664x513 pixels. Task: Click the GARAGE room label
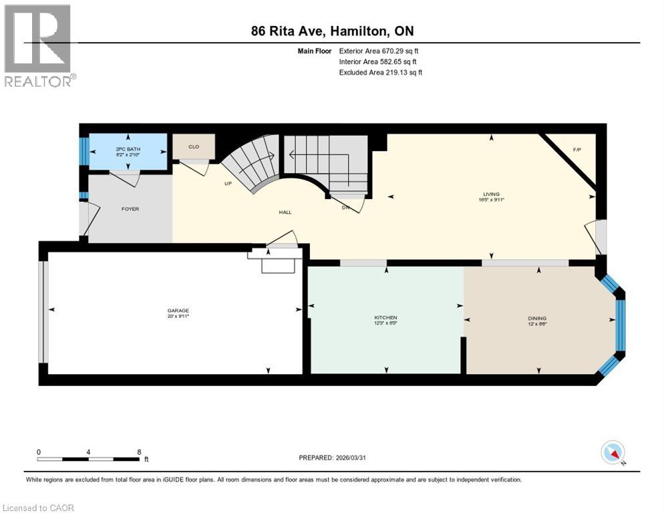(x=178, y=311)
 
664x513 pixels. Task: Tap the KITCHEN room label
(x=385, y=317)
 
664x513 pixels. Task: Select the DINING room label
(x=537, y=318)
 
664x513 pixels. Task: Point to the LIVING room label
(x=491, y=194)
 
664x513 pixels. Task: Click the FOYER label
(x=130, y=209)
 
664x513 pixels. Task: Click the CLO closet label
(x=194, y=146)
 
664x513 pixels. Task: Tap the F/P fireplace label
(x=577, y=149)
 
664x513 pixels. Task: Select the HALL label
(x=285, y=212)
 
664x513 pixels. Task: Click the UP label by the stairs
(x=228, y=184)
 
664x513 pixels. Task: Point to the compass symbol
(x=613, y=452)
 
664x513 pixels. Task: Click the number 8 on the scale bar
(x=138, y=452)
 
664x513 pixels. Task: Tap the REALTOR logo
(x=39, y=46)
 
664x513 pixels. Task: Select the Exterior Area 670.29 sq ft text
(x=379, y=50)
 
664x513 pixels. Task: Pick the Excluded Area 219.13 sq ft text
(x=381, y=72)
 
